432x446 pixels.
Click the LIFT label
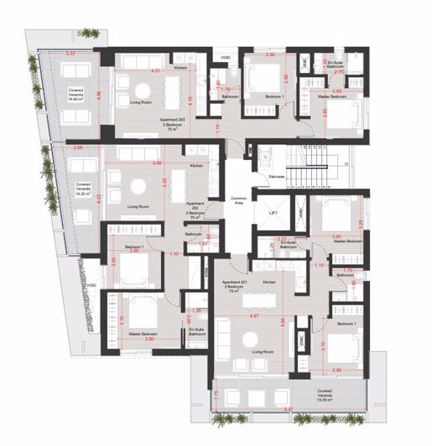click(274, 214)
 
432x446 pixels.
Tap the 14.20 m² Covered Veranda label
click(83, 186)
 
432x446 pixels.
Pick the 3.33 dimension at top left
click(70, 54)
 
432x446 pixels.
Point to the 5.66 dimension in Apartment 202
click(157, 164)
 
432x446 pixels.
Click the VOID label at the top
click(226, 58)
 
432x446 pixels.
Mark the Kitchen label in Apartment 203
click(180, 67)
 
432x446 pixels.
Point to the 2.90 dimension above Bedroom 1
click(270, 54)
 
